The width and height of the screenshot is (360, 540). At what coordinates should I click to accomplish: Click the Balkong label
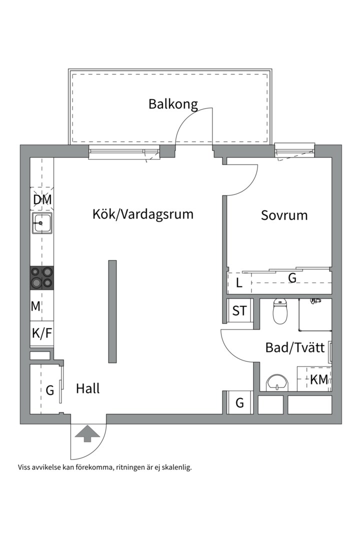[173, 104]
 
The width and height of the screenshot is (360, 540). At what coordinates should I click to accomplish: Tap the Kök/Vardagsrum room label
[142, 214]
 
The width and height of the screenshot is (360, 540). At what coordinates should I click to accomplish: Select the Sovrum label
[284, 215]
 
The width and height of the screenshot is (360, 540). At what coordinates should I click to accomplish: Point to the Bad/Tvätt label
[295, 347]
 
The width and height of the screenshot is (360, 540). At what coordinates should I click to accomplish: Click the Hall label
[88, 388]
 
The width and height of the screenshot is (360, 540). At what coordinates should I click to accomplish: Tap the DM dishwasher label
[42, 200]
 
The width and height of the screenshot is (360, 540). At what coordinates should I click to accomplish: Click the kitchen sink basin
[42, 223]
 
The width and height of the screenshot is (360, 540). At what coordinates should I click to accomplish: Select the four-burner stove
[42, 277]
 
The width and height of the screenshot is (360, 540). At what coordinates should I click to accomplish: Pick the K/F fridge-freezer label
[42, 333]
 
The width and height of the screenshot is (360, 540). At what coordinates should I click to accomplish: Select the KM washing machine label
[319, 379]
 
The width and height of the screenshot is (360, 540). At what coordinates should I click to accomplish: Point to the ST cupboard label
[239, 311]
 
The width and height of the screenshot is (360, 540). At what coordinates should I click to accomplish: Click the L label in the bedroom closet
[239, 283]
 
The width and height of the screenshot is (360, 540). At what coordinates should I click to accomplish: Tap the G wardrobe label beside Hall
[50, 390]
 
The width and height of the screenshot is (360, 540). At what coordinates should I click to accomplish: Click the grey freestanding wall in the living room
[112, 311]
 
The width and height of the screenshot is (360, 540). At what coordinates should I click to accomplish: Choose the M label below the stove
[35, 306]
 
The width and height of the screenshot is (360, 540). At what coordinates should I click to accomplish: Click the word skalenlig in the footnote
[175, 468]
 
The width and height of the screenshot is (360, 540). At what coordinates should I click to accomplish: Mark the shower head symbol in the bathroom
[314, 301]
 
